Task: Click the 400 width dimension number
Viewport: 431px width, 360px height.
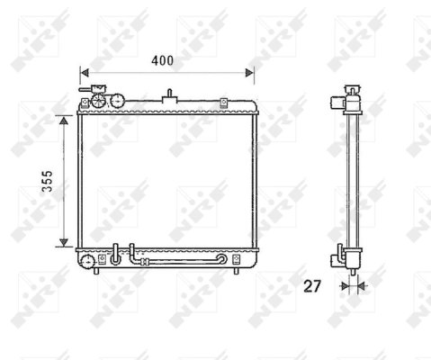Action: coord(162,61)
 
